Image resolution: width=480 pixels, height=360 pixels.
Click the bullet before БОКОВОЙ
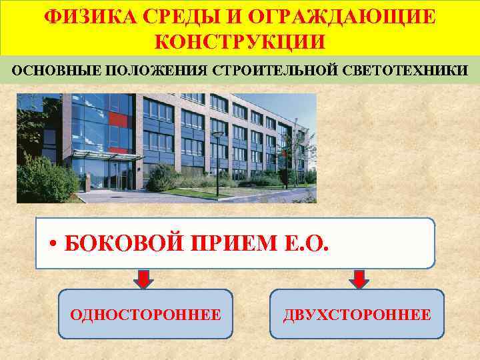point(53,244)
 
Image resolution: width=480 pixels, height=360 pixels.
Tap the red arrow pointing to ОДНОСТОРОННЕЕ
point(145,279)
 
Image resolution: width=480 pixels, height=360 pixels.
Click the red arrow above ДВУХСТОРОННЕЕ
point(359,279)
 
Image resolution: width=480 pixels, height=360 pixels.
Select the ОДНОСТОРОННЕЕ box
point(146,314)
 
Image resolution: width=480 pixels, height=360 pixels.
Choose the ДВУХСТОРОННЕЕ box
point(357,314)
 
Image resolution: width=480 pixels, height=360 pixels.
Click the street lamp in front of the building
point(217,160)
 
